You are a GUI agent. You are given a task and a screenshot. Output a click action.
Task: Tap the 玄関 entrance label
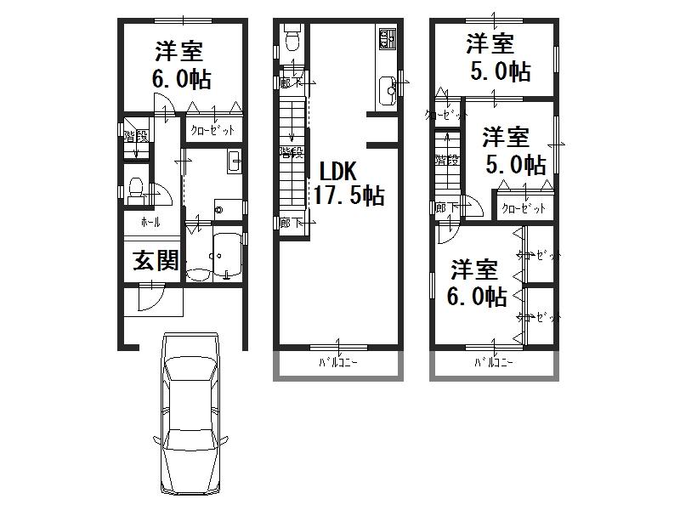click(x=155, y=261)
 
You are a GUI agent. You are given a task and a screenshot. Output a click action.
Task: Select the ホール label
click(x=150, y=222)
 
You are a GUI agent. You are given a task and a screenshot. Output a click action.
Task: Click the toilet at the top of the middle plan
click(x=292, y=39)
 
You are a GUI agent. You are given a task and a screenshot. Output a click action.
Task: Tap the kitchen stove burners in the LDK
click(x=387, y=38)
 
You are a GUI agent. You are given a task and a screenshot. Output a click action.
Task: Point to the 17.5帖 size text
click(x=349, y=196)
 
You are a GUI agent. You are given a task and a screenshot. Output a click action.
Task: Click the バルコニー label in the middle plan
click(x=338, y=363)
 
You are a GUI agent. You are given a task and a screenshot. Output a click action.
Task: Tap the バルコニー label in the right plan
click(x=495, y=363)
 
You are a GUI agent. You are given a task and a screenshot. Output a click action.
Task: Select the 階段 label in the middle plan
click(x=291, y=152)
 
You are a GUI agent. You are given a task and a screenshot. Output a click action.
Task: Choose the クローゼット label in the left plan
click(x=212, y=130)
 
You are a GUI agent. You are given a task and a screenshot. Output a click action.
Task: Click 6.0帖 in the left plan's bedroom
click(x=180, y=80)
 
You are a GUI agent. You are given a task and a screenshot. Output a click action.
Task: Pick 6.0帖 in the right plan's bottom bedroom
click(x=477, y=297)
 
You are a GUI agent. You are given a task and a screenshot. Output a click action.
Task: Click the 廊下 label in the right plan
click(x=445, y=207)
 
